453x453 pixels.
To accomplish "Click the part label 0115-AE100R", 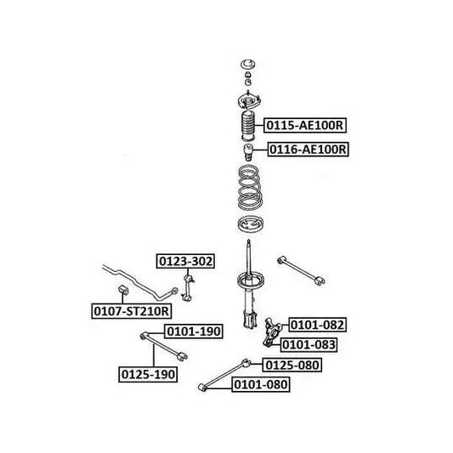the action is point(305,126).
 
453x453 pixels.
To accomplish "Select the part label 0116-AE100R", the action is point(308,150).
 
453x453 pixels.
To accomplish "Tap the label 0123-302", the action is point(185,261).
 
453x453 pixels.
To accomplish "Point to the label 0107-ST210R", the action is point(132,311).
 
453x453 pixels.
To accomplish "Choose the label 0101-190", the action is point(194,331).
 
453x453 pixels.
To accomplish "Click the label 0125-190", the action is point(148,375).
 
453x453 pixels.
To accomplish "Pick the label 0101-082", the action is point(317,325).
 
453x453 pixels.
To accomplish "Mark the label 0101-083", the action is point(309,345).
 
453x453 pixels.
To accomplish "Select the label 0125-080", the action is point(292,365).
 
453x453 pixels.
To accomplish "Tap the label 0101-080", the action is point(261,384).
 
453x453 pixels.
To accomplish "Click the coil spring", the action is point(250,187).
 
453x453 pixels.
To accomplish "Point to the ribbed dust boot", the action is point(248,126).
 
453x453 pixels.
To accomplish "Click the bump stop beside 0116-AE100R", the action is point(248,152).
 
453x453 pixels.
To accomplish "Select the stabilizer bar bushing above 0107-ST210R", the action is point(123,290).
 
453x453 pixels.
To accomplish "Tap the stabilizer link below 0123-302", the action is point(188,288).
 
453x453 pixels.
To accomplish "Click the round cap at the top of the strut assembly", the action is point(248,65).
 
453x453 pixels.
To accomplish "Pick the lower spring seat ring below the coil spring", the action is point(250,224).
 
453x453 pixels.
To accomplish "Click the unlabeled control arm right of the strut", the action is point(301,270).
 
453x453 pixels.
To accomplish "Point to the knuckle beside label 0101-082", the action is point(272,332).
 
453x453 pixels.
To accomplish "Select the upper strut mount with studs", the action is point(249,101).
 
